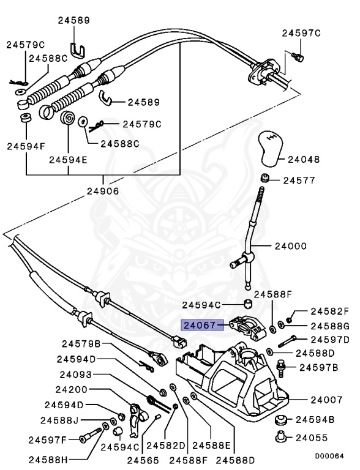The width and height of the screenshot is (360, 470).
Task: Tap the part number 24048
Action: click(x=305, y=159)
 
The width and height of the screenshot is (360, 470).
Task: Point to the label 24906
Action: click(x=102, y=191)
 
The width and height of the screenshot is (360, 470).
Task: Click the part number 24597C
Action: click(x=301, y=33)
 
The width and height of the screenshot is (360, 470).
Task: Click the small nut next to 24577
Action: click(x=266, y=179)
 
